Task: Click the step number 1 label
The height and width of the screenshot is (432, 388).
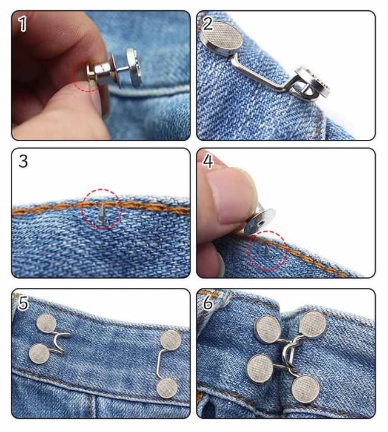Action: pos(23,24)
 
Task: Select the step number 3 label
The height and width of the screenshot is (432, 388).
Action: pos(23,161)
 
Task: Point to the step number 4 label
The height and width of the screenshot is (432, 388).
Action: pos(208,161)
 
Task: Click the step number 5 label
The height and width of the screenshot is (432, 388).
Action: pos(23,303)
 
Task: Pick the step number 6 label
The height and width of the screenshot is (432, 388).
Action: pos(208,303)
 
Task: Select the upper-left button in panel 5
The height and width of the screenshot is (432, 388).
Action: pos(47,324)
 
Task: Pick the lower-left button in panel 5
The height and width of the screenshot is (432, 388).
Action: pos(39,353)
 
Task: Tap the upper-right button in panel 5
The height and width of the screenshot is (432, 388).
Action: pos(171,340)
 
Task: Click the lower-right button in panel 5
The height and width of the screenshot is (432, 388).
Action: pos(167,388)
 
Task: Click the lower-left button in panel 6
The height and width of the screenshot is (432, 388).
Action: pos(259,369)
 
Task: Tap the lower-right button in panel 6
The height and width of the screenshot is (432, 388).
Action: pos(306,389)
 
